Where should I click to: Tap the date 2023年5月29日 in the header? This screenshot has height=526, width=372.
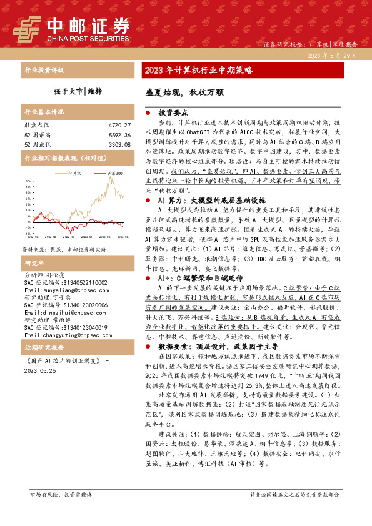[332, 56]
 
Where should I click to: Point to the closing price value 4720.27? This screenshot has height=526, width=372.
[119, 126]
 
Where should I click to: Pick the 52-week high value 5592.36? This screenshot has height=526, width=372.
[119, 135]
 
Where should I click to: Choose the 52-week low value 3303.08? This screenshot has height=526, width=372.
[119, 144]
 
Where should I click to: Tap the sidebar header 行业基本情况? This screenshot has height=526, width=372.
[44, 112]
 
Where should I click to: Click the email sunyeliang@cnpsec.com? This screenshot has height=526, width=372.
[61, 290]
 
